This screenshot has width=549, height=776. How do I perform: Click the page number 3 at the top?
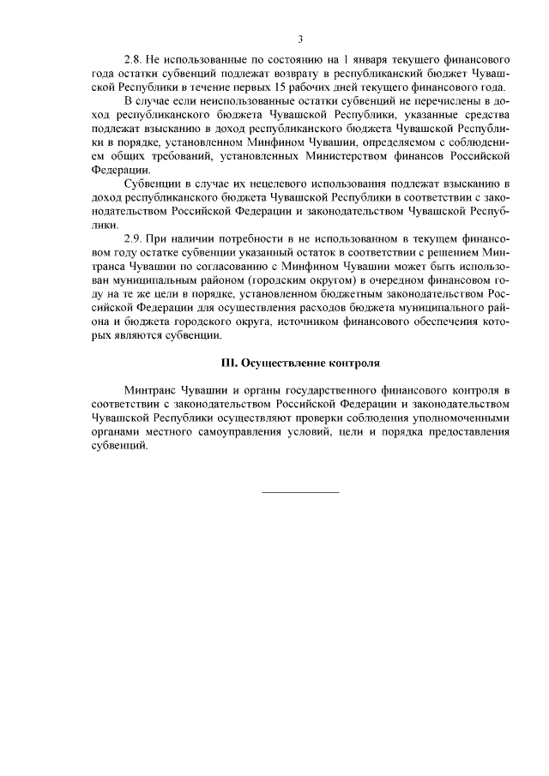click(x=300, y=39)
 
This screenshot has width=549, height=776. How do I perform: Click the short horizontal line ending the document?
click(x=299, y=492)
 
